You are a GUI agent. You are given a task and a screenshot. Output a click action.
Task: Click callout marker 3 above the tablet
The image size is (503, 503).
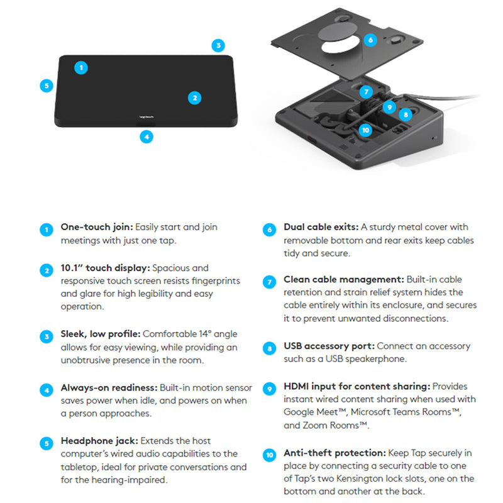pyautogui.click(x=218, y=45)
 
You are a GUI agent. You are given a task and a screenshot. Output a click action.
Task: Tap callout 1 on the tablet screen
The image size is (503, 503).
pyautogui.click(x=81, y=68)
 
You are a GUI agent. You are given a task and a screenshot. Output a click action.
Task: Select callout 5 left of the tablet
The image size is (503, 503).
pyautogui.click(x=47, y=86)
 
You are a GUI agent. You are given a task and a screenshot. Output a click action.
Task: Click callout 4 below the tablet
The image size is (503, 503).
pyautogui.click(x=146, y=137)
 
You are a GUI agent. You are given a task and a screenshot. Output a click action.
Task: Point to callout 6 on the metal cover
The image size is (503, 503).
pyautogui.click(x=370, y=40)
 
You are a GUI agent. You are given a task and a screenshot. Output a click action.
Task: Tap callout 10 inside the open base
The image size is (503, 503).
pyautogui.click(x=365, y=130)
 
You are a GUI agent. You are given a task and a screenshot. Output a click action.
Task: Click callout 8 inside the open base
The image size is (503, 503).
pyautogui.click(x=406, y=114)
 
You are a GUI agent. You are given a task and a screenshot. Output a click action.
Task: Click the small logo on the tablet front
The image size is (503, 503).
pyautogui.click(x=146, y=117)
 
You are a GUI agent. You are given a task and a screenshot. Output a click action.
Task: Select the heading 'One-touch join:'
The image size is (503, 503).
pyautogui.click(x=97, y=227)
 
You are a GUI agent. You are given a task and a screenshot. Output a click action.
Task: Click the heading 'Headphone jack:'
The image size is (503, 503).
pyautogui.click(x=99, y=441)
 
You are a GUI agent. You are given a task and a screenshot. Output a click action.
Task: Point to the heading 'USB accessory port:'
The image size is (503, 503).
pyautogui.click(x=329, y=346)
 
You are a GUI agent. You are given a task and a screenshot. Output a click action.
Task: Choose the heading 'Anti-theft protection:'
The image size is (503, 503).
pyautogui.click(x=335, y=453)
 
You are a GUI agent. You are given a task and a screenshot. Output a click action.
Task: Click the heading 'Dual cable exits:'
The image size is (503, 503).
pyautogui.click(x=321, y=227)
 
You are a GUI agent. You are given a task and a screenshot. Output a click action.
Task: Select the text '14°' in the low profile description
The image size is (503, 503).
pyautogui.click(x=205, y=334)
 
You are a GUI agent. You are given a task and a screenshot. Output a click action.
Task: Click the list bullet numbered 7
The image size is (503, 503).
pyautogui.click(x=270, y=282)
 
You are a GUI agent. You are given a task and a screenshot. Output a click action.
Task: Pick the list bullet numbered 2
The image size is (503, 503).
pyautogui.click(x=47, y=270)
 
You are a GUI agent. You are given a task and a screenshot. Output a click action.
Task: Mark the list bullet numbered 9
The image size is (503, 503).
pyautogui.click(x=270, y=389)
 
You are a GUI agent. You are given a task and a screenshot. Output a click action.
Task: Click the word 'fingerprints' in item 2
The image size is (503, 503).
pyautogui.click(x=216, y=281)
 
